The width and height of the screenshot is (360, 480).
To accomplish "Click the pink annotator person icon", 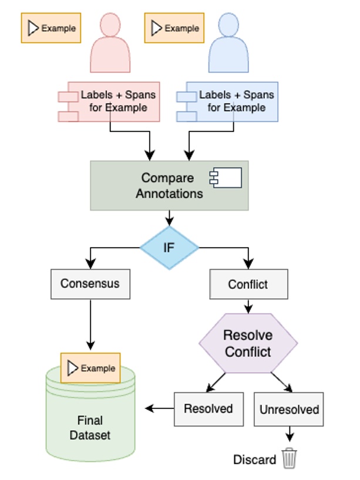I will click(110, 44).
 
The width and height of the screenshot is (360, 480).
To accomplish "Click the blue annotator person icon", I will click(228, 44).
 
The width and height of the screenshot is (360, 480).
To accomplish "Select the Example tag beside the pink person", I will click(51, 28).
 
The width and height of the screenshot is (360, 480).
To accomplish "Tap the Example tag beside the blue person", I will click(174, 28).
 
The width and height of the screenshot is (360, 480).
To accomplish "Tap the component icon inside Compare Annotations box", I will click(226, 178).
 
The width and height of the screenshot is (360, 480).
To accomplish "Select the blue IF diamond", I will click(169, 248).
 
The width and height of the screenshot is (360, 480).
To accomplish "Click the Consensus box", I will click(90, 284).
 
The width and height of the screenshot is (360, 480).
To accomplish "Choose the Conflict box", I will click(248, 285).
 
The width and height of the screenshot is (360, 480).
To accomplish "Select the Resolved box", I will click(208, 409).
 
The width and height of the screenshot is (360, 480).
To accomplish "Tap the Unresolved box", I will click(288, 409).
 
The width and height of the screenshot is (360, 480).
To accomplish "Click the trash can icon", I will click(290, 458).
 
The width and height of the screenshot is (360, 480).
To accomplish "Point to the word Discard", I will click(254, 459).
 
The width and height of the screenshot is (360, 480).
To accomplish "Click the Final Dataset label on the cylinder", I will click(90, 428).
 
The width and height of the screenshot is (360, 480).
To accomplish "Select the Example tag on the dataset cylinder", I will click(90, 368).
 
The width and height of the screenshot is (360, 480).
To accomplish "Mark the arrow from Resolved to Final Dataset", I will click(160, 408).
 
